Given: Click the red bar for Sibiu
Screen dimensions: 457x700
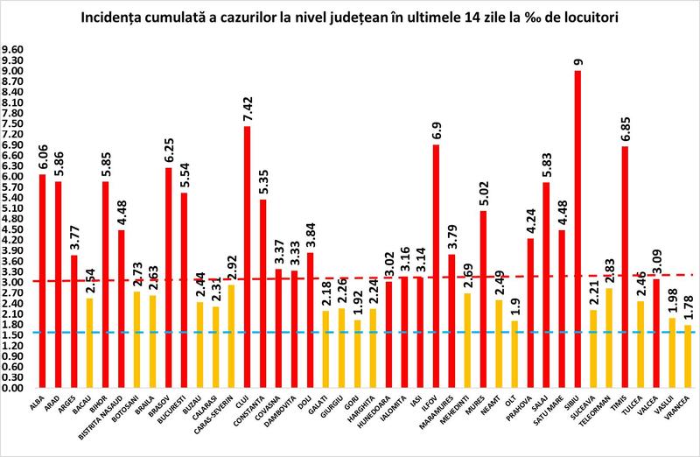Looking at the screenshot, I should pos(577,228).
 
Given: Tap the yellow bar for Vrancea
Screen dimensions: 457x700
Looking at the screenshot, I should pos(688,355).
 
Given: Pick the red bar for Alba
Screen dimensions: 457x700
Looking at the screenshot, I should pos(42,280).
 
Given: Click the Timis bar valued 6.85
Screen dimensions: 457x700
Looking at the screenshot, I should pos(625,266).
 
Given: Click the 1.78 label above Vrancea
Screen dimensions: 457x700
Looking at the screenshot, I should pos(689,306).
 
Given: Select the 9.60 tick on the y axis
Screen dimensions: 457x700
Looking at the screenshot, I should pos(15,50).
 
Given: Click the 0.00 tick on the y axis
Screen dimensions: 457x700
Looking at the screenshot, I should pos(15,387).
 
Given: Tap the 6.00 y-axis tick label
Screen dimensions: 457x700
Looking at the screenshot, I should pos(15,176).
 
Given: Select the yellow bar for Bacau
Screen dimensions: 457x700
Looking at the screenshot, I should pos(89,342).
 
